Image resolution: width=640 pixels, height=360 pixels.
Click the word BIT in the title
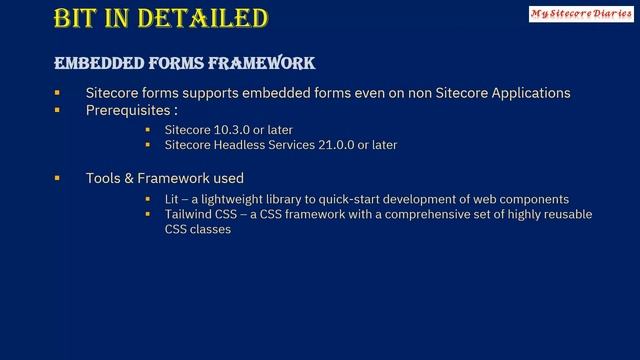coord(78,19)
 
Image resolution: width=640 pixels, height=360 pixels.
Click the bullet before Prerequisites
coord(58,109)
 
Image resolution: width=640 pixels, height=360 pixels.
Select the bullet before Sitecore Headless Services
coord(147,145)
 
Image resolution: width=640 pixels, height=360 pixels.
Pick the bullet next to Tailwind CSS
coord(147,214)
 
